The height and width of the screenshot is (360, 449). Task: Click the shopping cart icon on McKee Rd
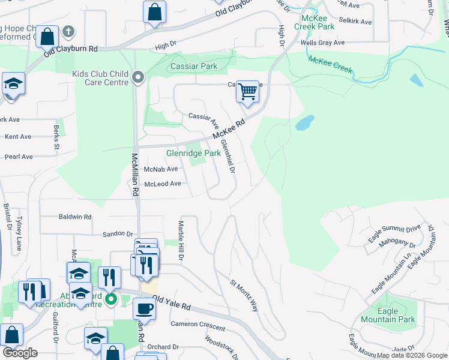[x=247, y=92]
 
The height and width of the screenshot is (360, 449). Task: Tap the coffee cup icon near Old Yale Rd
[x=143, y=308]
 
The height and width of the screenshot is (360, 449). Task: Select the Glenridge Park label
[x=193, y=153]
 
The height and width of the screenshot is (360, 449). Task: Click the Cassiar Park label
[x=194, y=66]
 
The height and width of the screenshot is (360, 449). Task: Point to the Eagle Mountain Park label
[x=388, y=315]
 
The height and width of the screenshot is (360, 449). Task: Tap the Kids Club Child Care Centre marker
[x=139, y=77]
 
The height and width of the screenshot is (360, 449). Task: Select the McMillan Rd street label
[x=135, y=173]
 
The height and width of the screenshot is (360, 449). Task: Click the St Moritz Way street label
[x=244, y=295]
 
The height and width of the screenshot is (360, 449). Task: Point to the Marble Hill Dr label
[x=180, y=240]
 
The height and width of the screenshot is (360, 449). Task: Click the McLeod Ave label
[x=162, y=184]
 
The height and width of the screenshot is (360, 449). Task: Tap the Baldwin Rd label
[x=75, y=217]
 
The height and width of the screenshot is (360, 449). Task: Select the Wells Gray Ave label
[x=323, y=43]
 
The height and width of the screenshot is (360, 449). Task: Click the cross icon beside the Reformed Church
[x=68, y=31]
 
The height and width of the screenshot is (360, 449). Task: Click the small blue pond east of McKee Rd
[x=304, y=122]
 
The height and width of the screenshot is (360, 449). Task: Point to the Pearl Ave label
[x=19, y=157]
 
